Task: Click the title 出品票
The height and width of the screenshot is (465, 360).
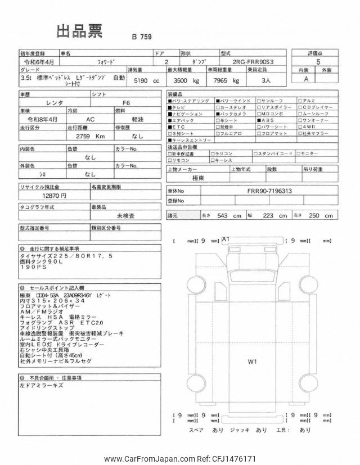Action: (79, 31)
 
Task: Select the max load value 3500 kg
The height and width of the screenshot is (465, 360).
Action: (183, 81)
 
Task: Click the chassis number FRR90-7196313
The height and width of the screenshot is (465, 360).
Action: (270, 190)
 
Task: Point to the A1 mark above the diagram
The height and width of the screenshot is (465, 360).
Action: (227, 240)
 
